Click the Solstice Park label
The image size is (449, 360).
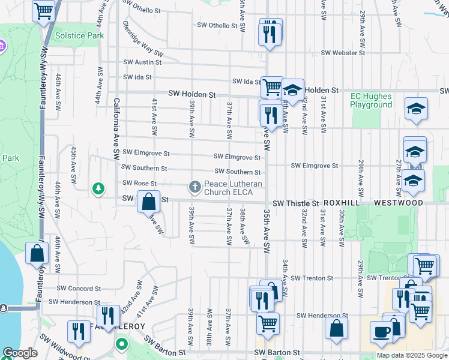[79, 35]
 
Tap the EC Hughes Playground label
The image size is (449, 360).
[371, 100]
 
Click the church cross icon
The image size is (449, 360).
[194, 188]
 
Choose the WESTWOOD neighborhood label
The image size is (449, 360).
[399, 203]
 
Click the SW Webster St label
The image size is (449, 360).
[343, 53]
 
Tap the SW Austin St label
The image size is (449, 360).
[139, 62]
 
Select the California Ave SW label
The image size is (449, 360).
[116, 128]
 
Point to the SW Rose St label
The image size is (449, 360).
[139, 183]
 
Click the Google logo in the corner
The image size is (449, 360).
[20, 353]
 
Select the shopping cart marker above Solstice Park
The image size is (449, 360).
[43, 10]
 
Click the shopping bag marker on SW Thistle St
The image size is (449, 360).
[149, 201]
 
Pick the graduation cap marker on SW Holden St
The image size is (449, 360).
[292, 90]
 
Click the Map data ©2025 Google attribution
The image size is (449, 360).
[412, 355]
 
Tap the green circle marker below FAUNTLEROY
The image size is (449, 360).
[122, 345]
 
